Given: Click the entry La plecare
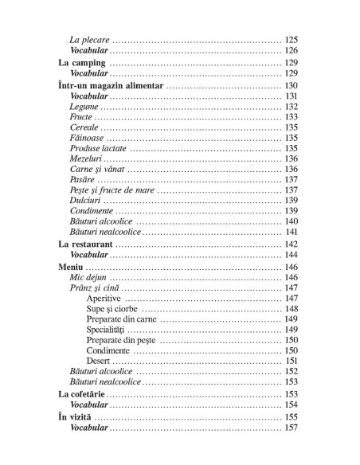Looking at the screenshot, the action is [x=89, y=39].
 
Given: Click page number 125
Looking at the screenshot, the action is [x=291, y=39].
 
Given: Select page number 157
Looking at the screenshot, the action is [x=291, y=428].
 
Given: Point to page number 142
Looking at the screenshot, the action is [x=291, y=244].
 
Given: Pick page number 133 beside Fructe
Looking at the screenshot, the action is [x=291, y=117].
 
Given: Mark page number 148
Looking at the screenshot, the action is [x=291, y=309].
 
